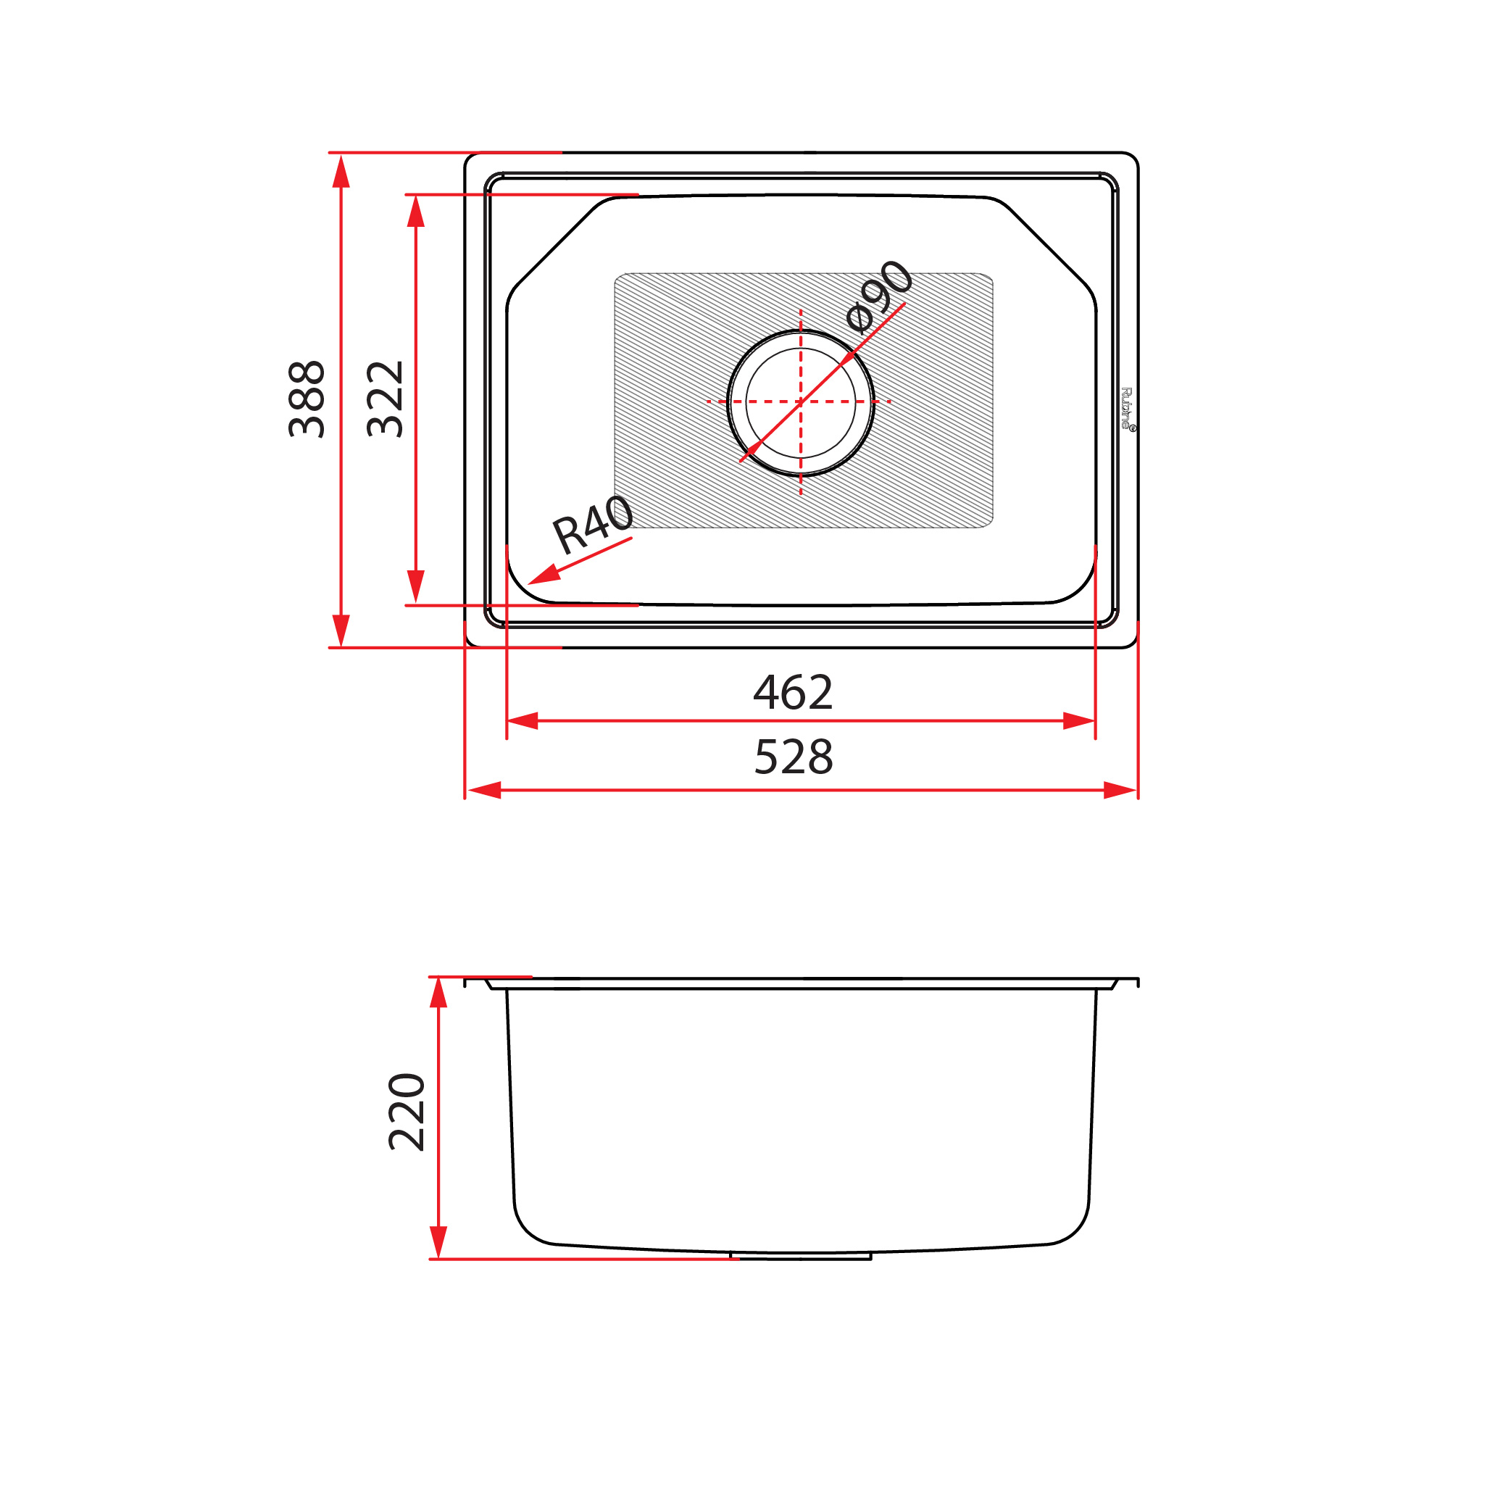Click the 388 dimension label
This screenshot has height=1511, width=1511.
(307, 399)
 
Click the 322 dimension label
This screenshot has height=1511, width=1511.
(385, 399)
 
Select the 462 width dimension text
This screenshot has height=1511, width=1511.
(793, 692)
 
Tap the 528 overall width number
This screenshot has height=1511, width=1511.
(793, 757)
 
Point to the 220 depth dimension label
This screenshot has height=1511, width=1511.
(407, 1112)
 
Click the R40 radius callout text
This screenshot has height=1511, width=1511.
(593, 524)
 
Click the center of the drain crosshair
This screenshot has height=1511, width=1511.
(800, 401)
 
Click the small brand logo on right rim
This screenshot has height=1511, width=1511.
(1127, 408)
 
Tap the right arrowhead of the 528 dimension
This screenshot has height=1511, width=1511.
(1120, 790)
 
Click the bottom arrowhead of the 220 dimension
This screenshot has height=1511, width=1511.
(438, 1242)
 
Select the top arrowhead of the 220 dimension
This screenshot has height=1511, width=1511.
(438, 994)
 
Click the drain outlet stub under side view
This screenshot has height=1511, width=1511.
(800, 1256)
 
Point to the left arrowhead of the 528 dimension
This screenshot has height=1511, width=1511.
(483, 790)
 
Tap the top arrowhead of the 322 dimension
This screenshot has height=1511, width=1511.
(415, 211)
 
